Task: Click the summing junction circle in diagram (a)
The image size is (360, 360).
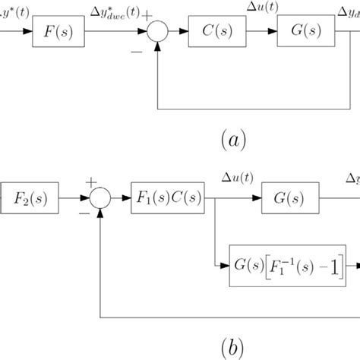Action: pyautogui.click(x=157, y=34)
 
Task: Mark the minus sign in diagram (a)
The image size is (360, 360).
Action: pyautogui.click(x=136, y=52)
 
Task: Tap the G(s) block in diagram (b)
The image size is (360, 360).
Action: pyautogui.click(x=288, y=201)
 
